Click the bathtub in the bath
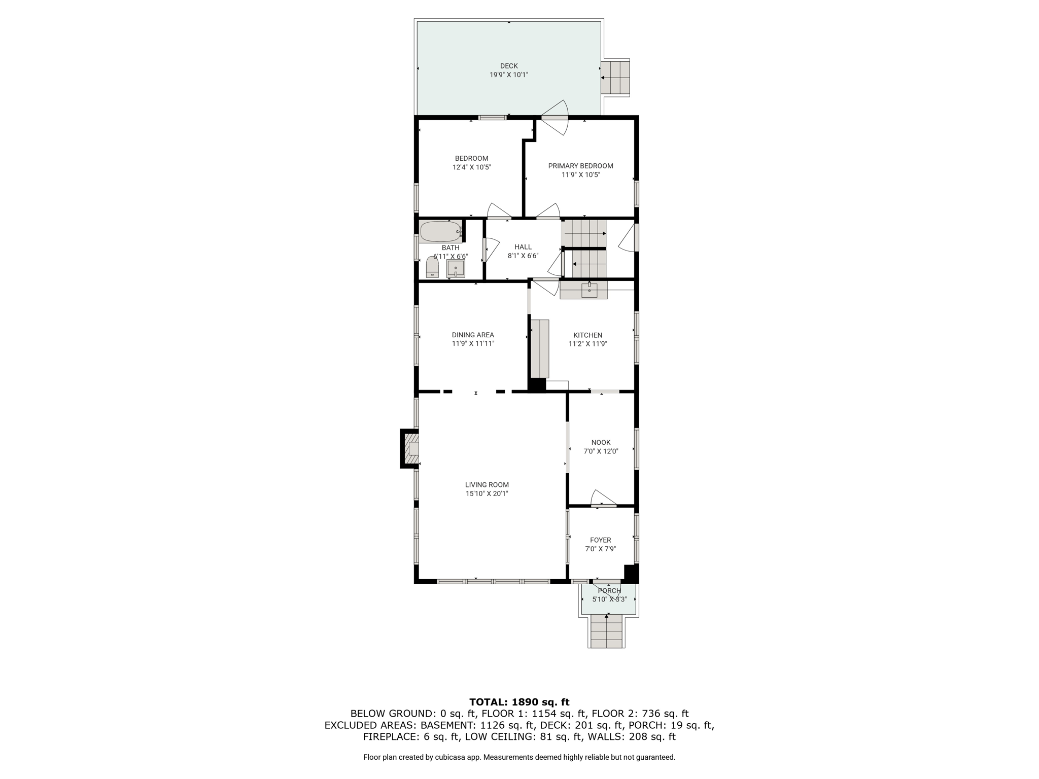440,232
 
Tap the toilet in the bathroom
432,267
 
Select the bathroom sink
456,269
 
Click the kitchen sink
589,290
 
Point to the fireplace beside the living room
410,448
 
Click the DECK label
509,66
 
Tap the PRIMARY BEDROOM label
580,166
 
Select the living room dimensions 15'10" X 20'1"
487,493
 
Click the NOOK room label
601,442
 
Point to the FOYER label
601,540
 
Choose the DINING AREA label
473,335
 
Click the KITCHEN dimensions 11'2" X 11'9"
588,344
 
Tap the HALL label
523,247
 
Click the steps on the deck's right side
615,78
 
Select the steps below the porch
607,630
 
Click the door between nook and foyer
604,499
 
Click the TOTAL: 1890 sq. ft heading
519,702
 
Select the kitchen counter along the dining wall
540,348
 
